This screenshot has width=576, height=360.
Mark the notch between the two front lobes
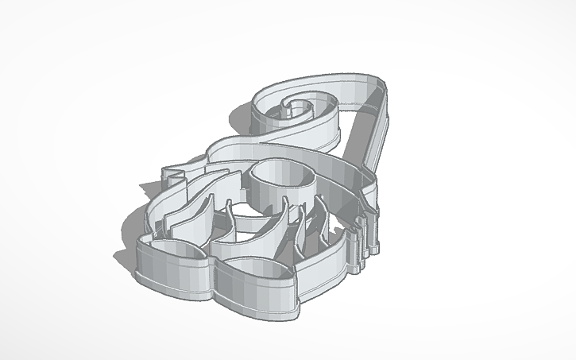(212, 262)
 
